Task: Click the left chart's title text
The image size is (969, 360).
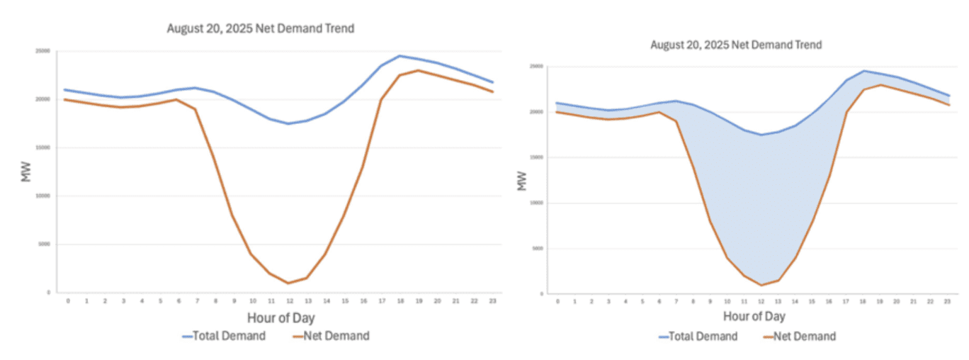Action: [x=260, y=29]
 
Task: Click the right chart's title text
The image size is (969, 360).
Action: [x=736, y=45]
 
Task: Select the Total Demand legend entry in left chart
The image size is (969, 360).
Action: [x=224, y=336]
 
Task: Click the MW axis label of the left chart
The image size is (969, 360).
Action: [x=27, y=171]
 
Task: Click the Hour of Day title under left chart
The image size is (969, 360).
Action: [x=280, y=317]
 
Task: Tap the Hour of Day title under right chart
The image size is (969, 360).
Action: [x=754, y=316]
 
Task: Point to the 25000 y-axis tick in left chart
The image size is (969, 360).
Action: [x=43, y=51]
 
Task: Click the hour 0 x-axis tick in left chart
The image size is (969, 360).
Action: [x=68, y=300]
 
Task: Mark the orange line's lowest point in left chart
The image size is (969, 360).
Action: [x=288, y=283]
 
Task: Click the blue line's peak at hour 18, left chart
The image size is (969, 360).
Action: [x=399, y=56]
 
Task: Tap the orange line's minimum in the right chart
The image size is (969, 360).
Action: [x=761, y=285]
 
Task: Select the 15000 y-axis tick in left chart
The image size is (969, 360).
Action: [x=43, y=147]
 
